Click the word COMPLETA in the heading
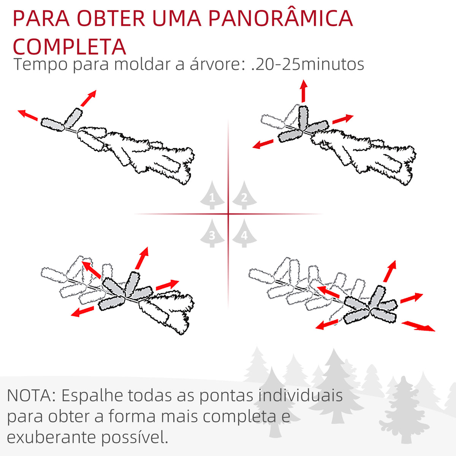pos(69,46)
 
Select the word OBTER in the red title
pos(111,18)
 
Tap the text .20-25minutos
pos(307,64)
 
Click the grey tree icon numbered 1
pos(212,195)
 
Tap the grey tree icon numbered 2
pos(244,195)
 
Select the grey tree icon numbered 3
pos(212,233)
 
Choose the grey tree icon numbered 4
pos(244,233)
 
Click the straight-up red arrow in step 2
pos(303,91)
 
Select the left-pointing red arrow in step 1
pos(28,115)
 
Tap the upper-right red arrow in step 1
pos(88,98)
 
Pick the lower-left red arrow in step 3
pos(82,312)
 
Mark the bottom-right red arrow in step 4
pos(418,326)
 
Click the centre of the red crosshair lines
pos(228,214)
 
